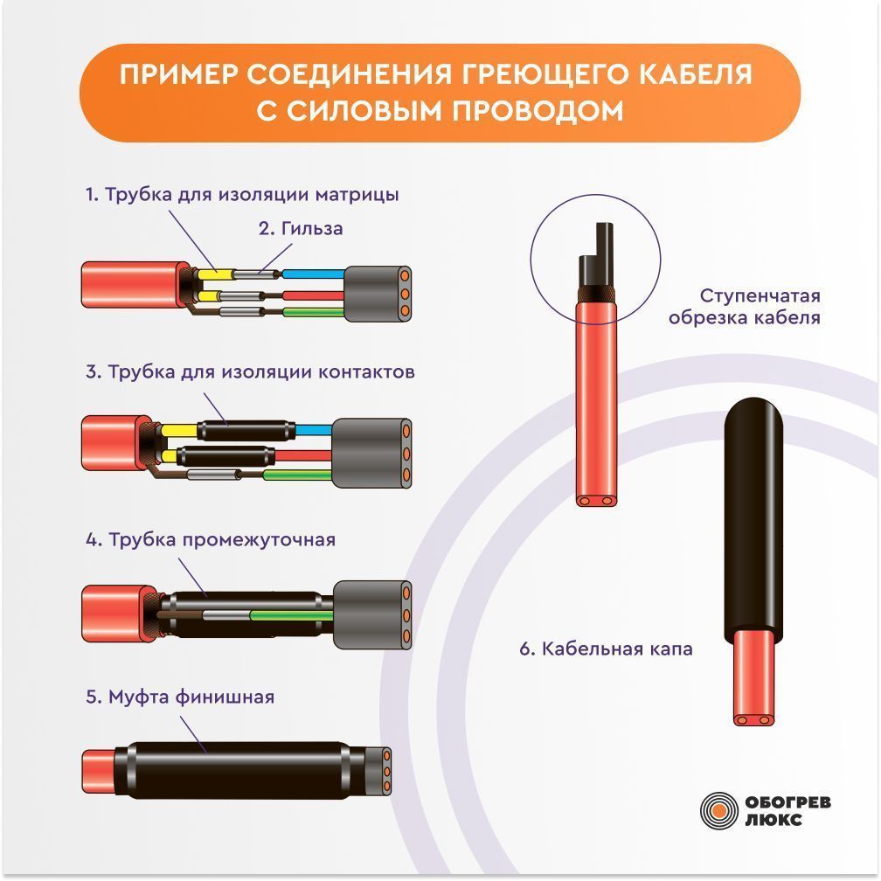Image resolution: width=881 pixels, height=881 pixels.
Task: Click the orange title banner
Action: [440, 93]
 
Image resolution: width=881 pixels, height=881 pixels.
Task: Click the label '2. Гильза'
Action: [301, 229]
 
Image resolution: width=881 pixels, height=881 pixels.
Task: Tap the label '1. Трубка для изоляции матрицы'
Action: [242, 194]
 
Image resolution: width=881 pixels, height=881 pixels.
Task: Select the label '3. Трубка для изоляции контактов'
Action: [250, 372]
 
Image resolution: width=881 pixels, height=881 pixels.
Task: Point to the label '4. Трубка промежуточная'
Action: [211, 540]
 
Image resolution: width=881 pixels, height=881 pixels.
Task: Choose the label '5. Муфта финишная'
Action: [180, 697]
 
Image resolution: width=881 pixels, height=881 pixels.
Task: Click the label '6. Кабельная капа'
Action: [606, 649]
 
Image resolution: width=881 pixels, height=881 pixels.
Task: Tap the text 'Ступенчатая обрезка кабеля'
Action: [745, 307]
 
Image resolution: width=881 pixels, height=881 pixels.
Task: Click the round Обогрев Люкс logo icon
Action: [718, 810]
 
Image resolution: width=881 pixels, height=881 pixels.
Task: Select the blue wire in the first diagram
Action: [313, 274]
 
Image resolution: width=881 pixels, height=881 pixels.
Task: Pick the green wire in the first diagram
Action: [313, 312]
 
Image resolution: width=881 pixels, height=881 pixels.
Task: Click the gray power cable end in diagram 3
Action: [372, 454]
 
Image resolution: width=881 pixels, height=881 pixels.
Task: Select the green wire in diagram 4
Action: [292, 616]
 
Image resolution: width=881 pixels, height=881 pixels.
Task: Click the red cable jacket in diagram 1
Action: [135, 284]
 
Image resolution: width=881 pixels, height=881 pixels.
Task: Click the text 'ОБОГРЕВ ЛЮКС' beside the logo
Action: [787, 811]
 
